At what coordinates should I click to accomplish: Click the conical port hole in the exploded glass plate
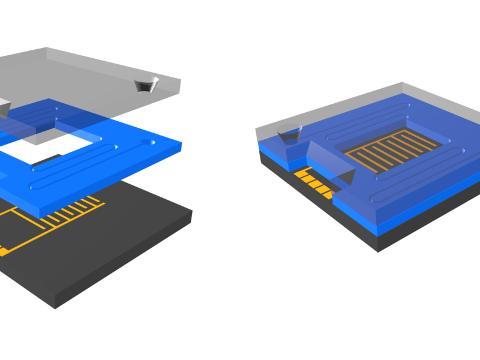(x=146, y=86)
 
